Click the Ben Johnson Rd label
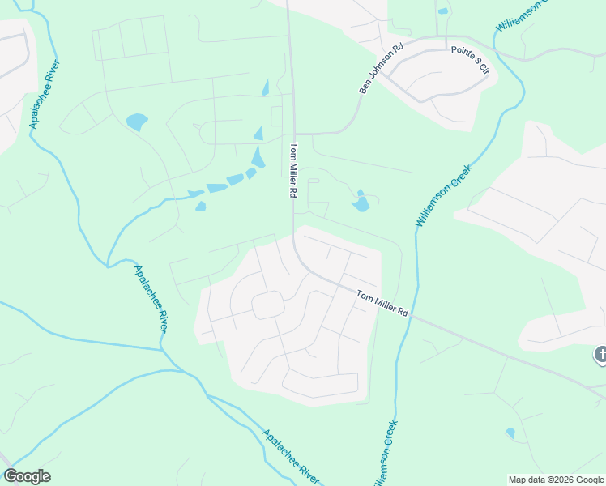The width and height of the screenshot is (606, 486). point(381,69)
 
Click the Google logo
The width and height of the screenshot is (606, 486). point(27,476)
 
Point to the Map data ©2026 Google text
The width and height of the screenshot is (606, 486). point(556,480)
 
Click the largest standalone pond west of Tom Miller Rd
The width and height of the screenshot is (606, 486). point(136,122)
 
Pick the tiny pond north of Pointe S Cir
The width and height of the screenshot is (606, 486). point(442,11)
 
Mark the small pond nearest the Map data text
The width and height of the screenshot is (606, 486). point(510,433)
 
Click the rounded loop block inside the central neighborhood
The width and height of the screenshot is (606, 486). point(267,305)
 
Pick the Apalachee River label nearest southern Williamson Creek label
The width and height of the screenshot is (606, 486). point(291,457)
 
